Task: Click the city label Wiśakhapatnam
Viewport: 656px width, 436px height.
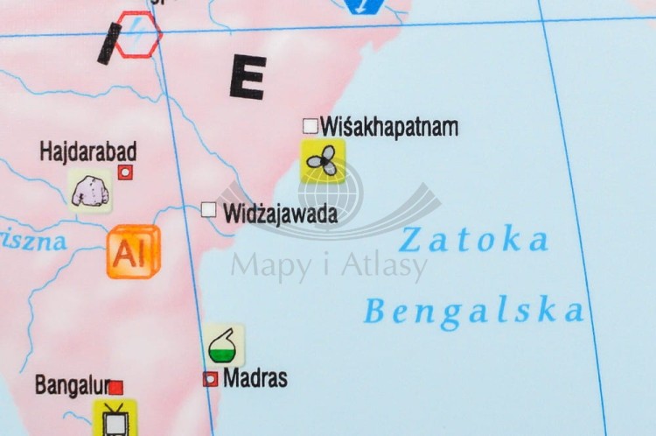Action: click(x=389, y=127)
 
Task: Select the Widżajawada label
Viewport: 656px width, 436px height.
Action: click(x=280, y=213)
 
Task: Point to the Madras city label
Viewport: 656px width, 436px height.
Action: click(x=255, y=378)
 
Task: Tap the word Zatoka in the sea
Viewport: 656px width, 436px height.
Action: click(x=475, y=239)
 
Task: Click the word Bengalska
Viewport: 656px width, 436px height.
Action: click(x=473, y=310)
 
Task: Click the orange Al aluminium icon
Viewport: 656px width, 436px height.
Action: click(x=134, y=252)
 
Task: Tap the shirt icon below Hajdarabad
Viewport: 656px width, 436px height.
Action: click(x=90, y=191)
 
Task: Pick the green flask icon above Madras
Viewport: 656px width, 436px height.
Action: click(x=225, y=345)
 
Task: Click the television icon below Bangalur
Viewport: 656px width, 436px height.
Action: click(x=115, y=418)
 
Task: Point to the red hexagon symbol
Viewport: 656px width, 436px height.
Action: click(x=138, y=34)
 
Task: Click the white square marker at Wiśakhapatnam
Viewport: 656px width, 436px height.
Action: click(x=310, y=126)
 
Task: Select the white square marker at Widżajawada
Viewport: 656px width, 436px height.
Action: click(x=209, y=209)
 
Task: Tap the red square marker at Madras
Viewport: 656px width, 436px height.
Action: click(x=210, y=379)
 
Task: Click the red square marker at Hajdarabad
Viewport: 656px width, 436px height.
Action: click(x=125, y=172)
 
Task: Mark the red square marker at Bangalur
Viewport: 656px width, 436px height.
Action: click(x=116, y=386)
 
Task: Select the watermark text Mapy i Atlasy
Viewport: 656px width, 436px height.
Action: click(x=329, y=264)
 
